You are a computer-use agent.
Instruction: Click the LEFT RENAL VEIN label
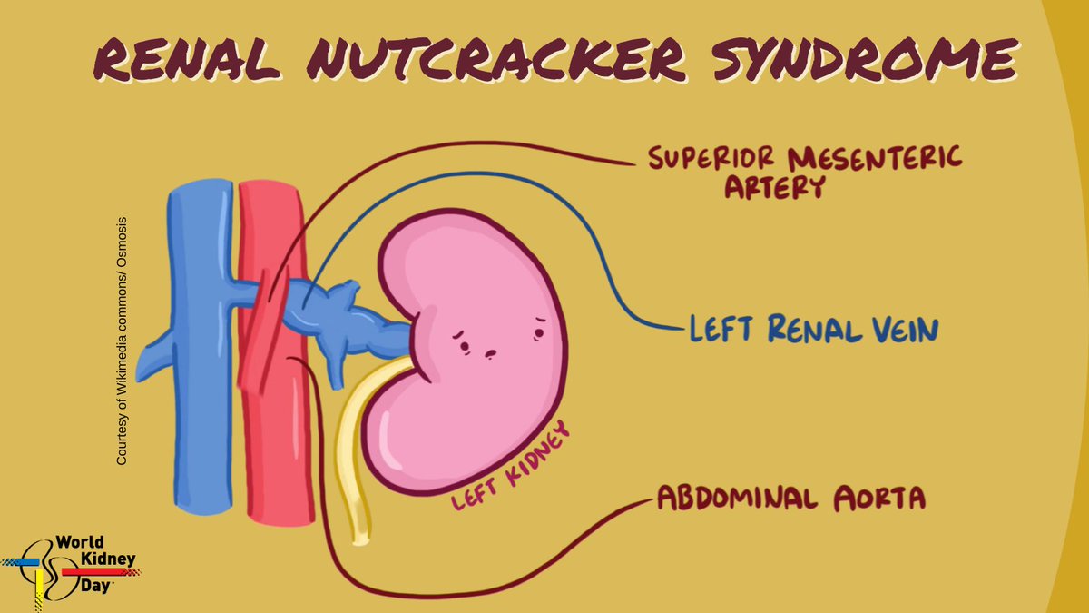tap(813, 331)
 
